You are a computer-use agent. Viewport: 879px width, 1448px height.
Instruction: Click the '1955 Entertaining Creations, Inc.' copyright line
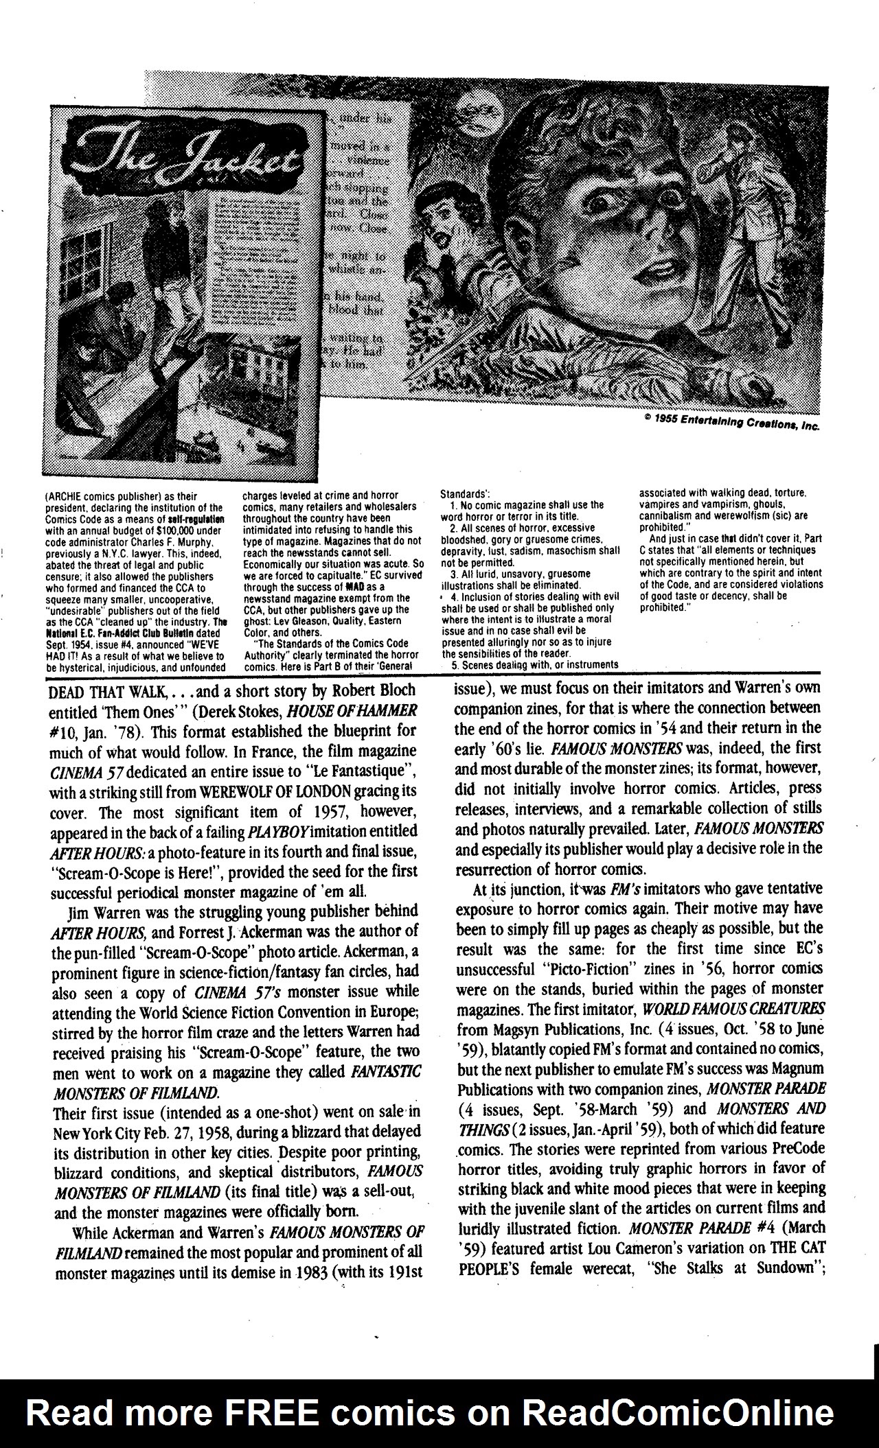click(731, 422)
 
